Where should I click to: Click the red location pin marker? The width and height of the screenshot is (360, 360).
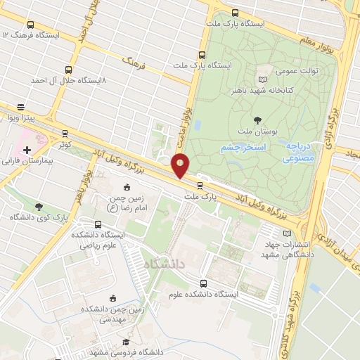181,166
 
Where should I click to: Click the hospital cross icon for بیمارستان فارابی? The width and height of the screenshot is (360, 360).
27,150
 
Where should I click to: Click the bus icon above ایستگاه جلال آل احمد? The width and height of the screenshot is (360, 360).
68,70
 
